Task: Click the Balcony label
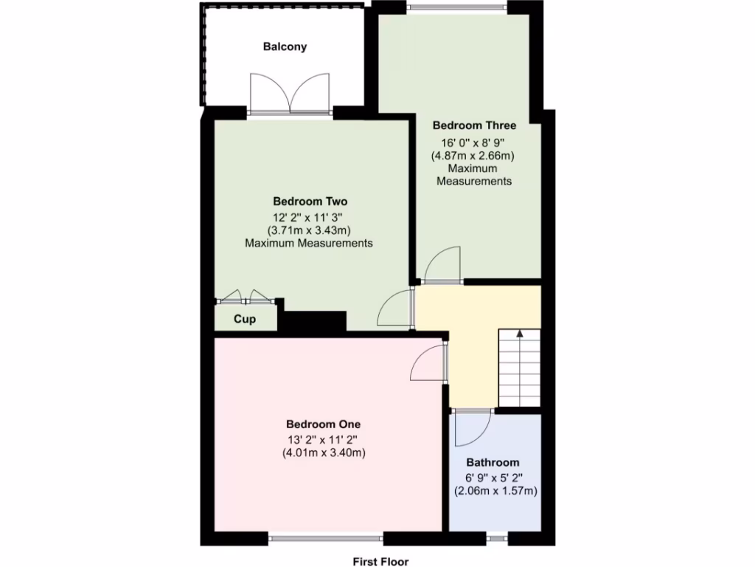pyautogui.click(x=285, y=47)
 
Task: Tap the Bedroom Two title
pyautogui.click(x=310, y=201)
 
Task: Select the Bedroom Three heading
pyautogui.click(x=474, y=126)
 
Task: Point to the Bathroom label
pyautogui.click(x=493, y=462)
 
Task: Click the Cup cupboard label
pyautogui.click(x=245, y=319)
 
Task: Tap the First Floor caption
pyautogui.click(x=380, y=561)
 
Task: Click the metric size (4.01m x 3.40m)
pyautogui.click(x=324, y=453)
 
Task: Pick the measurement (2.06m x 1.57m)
pyautogui.click(x=495, y=490)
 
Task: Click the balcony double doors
pyautogui.click(x=290, y=94)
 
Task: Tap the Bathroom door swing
pyautogui.click(x=471, y=428)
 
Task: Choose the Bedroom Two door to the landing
pyautogui.click(x=395, y=309)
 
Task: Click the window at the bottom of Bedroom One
pyautogui.click(x=326, y=538)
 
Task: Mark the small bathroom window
pyautogui.click(x=497, y=539)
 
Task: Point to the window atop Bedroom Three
pyautogui.click(x=457, y=8)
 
